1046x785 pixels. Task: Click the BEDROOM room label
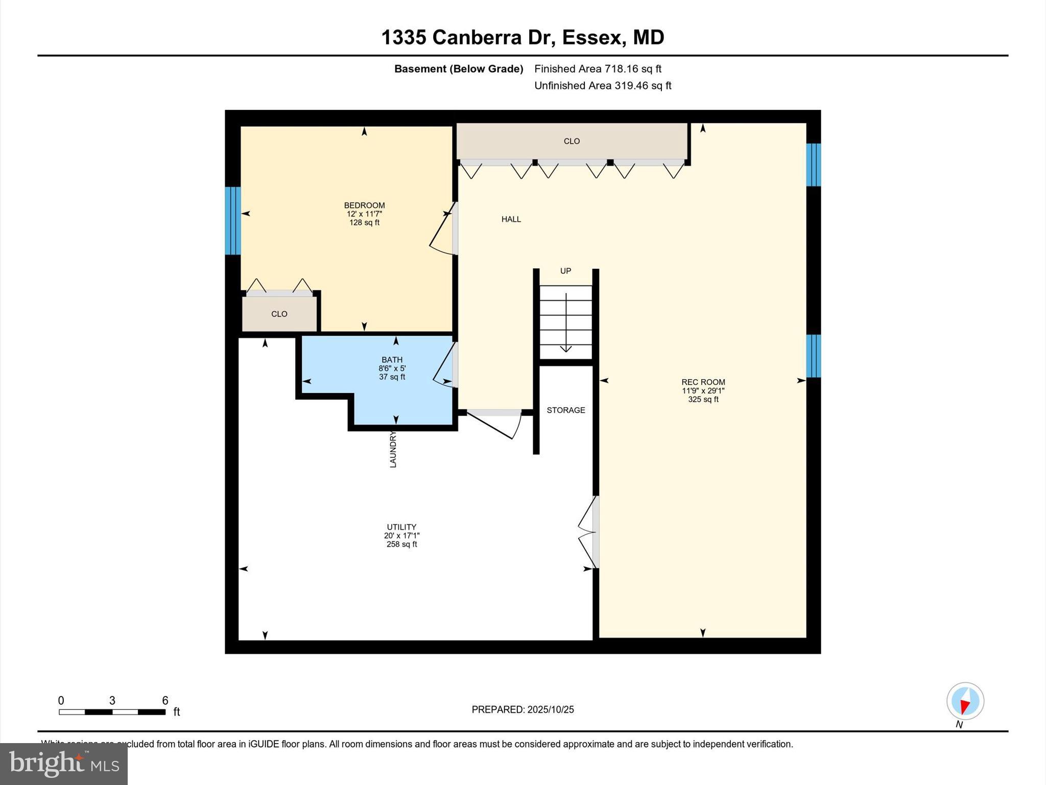(x=364, y=205)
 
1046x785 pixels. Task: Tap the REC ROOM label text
(x=703, y=382)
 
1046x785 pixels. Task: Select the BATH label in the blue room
(x=392, y=360)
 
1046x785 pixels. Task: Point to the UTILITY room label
(x=401, y=527)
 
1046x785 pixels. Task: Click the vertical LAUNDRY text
(x=393, y=449)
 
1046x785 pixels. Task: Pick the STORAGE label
(x=565, y=410)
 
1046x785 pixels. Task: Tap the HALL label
(x=511, y=219)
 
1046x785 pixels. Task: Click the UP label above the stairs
(x=565, y=271)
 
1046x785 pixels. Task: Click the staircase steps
(x=566, y=322)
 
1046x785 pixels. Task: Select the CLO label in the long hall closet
(x=572, y=141)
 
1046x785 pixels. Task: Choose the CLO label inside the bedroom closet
(x=279, y=314)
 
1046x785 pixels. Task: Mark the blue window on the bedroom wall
(x=233, y=220)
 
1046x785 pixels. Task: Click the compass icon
(x=965, y=701)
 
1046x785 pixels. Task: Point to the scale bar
(x=112, y=711)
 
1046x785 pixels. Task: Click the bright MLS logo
(x=64, y=764)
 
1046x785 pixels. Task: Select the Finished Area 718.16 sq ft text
(x=598, y=68)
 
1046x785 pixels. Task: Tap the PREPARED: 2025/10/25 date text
(x=522, y=709)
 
